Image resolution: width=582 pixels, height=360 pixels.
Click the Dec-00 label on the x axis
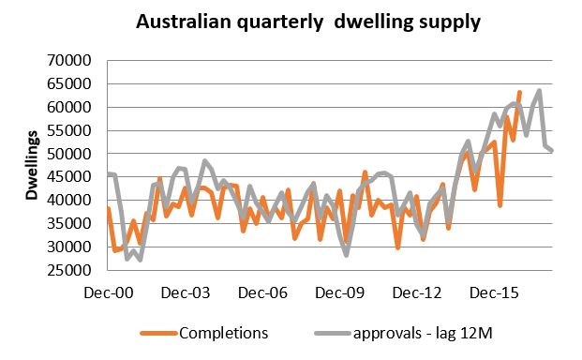click(109, 293)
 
